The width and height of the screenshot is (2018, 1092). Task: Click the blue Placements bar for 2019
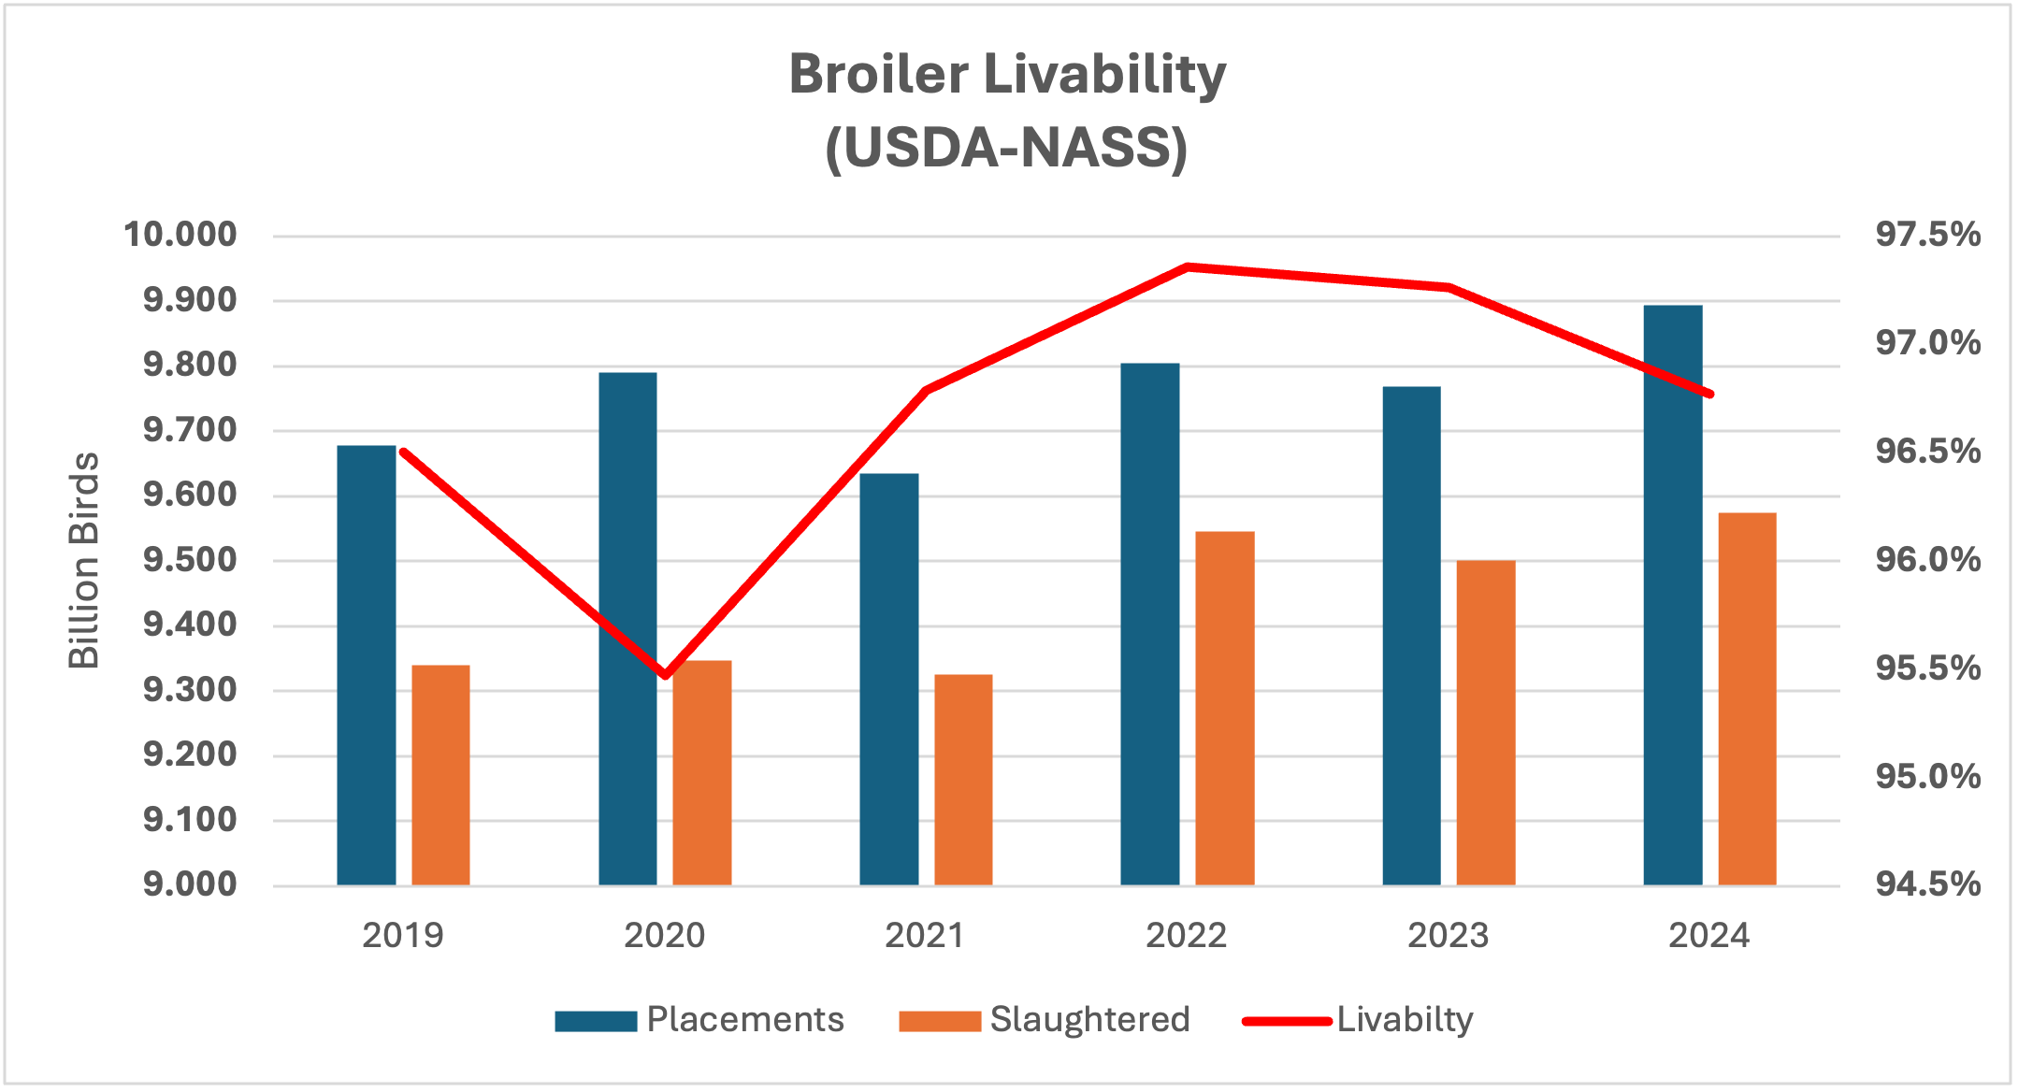366,665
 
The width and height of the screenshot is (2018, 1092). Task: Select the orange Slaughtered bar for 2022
1224,708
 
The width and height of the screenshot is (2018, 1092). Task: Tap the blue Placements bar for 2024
1672,595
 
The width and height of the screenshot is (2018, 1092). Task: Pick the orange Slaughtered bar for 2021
963,779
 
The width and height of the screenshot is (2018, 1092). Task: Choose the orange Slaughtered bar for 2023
1485,722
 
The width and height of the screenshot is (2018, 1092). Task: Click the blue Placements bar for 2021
888,679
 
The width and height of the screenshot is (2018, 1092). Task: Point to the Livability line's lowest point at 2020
665,674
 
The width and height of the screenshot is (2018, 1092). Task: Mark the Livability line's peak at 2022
1187,267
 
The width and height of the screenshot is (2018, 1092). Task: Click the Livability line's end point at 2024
1709,394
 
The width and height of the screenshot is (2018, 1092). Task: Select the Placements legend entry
699,1020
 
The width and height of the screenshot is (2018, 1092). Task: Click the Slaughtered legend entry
1044,1020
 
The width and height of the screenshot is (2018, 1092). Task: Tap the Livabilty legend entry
1358,1020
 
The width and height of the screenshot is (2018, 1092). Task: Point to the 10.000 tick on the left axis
180,235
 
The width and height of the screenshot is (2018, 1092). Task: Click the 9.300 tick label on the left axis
190,690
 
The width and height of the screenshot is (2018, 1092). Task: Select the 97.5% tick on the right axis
1927,235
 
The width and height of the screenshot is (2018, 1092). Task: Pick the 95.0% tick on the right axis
1927,776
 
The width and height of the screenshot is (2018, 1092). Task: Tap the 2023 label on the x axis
1448,936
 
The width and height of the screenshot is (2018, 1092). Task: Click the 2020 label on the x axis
665,936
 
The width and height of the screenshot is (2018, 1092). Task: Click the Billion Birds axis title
84,560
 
